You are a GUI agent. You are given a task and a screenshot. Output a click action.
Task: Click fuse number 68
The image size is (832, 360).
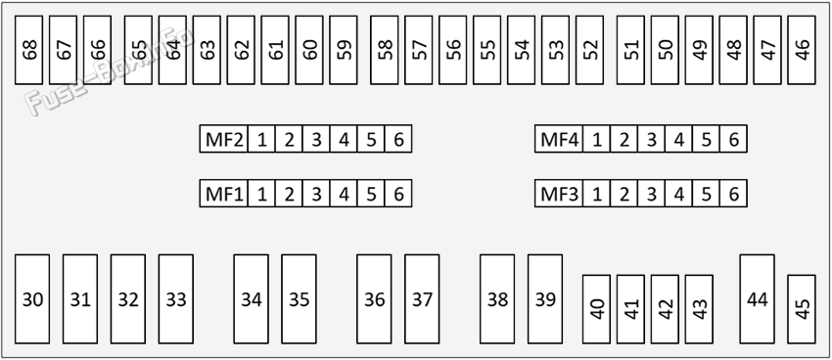tap(28, 50)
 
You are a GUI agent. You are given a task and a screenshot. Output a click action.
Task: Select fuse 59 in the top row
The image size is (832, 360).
tap(344, 50)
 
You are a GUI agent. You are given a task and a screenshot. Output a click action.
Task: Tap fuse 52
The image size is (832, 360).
tap(589, 50)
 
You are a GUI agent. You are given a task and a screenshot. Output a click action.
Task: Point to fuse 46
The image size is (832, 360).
tap(802, 50)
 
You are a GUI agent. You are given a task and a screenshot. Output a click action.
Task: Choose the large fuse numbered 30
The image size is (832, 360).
tap(32, 299)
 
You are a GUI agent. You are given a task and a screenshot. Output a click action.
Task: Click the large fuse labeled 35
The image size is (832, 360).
tap(300, 299)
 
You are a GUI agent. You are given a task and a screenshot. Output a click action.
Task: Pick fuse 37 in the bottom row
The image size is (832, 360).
tap(422, 299)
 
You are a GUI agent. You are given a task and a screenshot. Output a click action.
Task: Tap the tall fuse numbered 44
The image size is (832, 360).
tap(758, 299)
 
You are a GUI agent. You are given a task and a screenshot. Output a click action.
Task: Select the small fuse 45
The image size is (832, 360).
tap(802, 309)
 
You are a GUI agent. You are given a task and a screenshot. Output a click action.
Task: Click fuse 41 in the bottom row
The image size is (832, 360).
tap(631, 309)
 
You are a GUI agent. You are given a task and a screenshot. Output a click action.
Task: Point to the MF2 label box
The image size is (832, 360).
tap(224, 139)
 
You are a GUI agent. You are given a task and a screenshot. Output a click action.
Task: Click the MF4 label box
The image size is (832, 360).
tap(559, 139)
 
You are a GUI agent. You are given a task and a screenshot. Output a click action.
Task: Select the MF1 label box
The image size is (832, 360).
tap(224, 194)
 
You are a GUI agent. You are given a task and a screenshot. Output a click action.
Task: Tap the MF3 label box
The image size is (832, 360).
tap(559, 194)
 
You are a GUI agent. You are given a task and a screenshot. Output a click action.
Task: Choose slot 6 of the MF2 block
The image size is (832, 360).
tap(398, 139)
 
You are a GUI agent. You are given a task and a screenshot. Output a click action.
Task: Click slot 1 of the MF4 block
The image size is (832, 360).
tap(597, 139)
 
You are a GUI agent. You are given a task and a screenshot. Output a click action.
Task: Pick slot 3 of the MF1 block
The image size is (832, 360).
tap(316, 194)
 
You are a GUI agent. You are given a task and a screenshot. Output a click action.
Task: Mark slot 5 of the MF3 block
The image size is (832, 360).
tap(707, 194)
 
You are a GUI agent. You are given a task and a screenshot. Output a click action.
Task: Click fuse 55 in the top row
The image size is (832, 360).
tap(487, 50)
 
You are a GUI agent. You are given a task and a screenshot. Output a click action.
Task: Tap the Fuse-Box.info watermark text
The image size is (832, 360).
tap(109, 71)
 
